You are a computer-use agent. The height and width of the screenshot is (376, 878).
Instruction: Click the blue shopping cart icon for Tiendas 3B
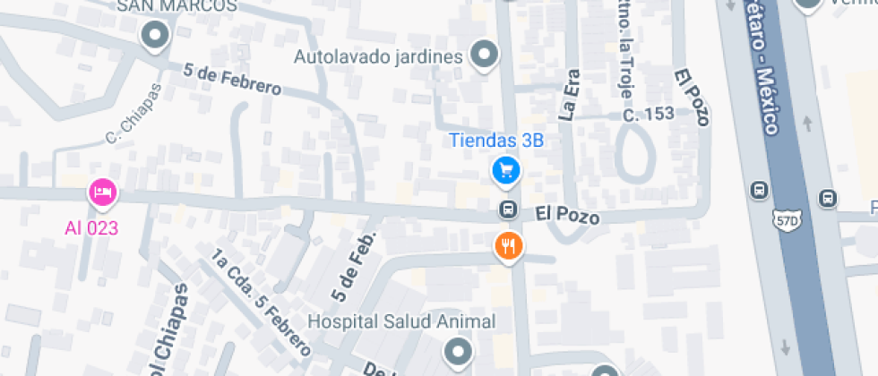506,169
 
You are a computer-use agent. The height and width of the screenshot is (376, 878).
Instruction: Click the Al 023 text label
91,227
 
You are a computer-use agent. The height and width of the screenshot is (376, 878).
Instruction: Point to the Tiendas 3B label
496,140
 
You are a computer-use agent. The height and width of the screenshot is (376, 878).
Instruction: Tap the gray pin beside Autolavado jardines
485,55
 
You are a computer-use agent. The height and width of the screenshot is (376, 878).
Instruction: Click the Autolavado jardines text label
378,57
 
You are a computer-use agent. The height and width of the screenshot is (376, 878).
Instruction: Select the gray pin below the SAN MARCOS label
156,36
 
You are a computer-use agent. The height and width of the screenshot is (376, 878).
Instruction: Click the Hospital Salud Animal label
401,321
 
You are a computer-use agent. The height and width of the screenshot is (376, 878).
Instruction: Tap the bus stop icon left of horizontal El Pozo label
507,209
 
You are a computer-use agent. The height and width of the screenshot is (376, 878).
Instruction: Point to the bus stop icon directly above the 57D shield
760,190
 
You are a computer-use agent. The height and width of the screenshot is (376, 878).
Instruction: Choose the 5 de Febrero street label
232,80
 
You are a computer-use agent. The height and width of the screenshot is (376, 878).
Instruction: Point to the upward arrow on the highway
807,123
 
